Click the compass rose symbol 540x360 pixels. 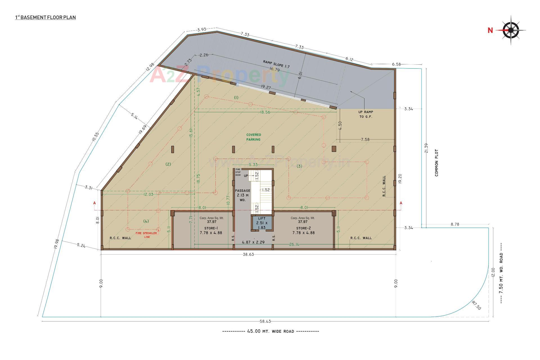511,30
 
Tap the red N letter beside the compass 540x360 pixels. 490,30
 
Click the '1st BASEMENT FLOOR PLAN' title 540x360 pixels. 46,17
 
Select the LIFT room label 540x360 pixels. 262,218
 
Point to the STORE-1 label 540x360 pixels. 211,228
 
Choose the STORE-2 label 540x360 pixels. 303,228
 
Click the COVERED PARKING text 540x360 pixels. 253,137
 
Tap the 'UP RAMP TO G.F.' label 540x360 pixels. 366,114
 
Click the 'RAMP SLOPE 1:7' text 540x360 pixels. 276,64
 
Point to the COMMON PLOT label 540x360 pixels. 436,163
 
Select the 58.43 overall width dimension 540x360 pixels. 265,321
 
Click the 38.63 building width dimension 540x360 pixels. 248,254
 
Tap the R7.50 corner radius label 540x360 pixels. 476,305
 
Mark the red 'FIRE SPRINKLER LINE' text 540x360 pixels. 147,235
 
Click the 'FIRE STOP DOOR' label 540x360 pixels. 238,172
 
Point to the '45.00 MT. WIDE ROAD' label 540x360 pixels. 271,331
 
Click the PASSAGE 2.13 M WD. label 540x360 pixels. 242,195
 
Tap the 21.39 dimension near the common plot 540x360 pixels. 426,148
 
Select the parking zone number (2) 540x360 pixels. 168,164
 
